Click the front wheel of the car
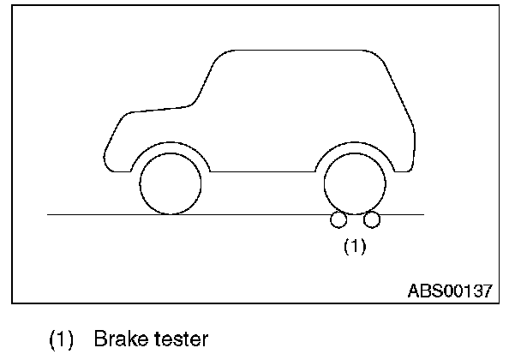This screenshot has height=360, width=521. (x=170, y=183)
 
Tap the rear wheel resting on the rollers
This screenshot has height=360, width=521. (x=355, y=183)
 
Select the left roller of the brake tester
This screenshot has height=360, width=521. (x=338, y=220)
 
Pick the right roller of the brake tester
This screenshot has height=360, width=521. (x=371, y=220)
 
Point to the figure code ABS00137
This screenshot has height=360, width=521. (x=449, y=291)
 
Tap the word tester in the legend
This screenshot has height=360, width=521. (x=179, y=339)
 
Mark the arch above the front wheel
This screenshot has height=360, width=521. (x=170, y=144)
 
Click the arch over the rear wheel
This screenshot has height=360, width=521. (x=355, y=144)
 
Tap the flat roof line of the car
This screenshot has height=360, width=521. (x=300, y=49)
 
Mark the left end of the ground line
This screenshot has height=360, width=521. (x=50, y=214)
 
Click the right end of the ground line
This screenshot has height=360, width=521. (x=422, y=214)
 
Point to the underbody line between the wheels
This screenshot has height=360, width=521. (x=262, y=172)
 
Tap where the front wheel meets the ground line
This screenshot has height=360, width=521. (x=170, y=214)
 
